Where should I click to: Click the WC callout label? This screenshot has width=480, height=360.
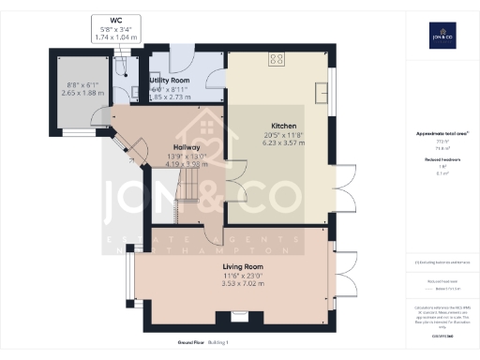pyautogui.click(x=115, y=20)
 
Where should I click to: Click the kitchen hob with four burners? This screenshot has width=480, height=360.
pyautogui.click(x=277, y=60)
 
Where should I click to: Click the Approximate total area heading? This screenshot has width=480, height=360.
pyautogui.click(x=442, y=134)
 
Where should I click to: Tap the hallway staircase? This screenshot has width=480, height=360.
pyautogui.click(x=191, y=192)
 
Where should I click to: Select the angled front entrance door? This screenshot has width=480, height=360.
pyautogui.click(x=122, y=149)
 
